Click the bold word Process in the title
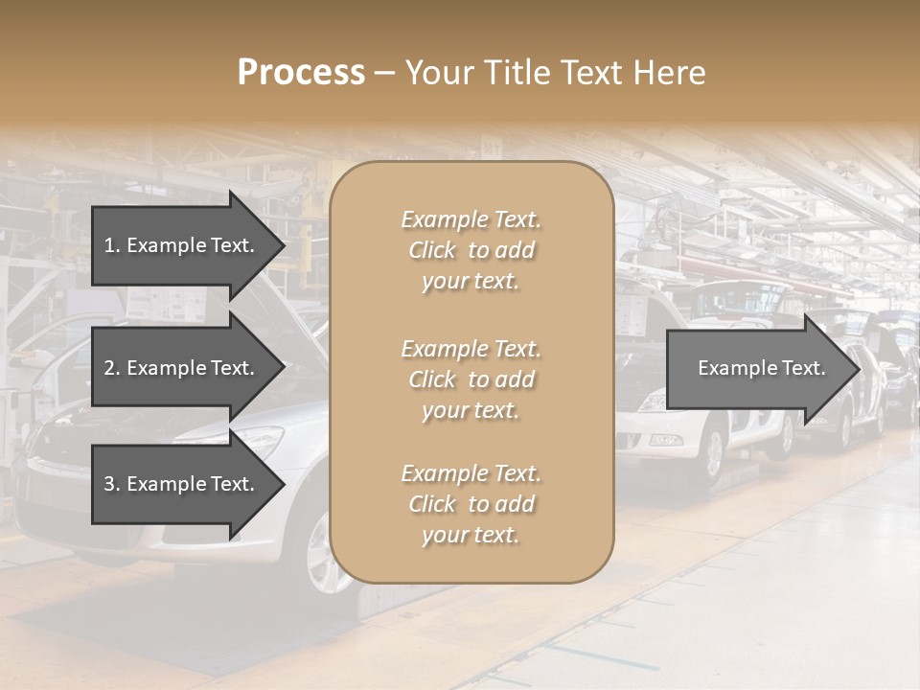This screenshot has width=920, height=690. coord(301,73)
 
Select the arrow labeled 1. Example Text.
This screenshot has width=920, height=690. coord(182,245)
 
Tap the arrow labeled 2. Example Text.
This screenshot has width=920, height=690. coord(182,368)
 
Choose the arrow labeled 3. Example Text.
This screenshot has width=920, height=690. coord(182,484)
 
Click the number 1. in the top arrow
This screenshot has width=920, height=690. coord(112,245)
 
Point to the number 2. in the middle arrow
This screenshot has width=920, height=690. coord(112,368)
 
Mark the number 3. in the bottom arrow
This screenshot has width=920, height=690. coord(112,484)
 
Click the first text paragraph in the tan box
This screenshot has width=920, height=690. coord(471,250)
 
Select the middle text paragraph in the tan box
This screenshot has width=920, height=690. coord(471,379)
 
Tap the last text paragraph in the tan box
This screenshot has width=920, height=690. coord(471,504)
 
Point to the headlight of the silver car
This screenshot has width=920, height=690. coord(259,443)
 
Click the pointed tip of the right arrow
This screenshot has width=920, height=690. coord(858,369)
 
